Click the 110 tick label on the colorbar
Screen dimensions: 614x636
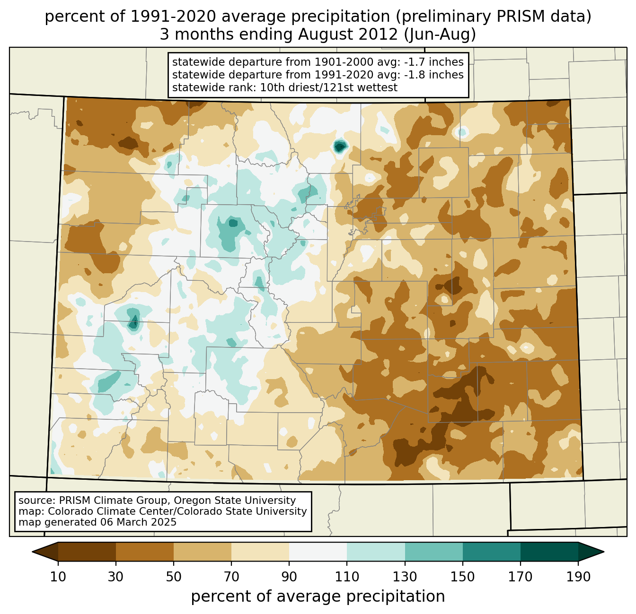(347, 577)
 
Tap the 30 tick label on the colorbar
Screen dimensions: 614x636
(116, 577)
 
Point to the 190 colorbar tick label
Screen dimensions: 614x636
(578, 577)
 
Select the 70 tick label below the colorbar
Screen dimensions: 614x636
(231, 577)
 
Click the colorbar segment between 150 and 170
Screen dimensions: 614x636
(491, 552)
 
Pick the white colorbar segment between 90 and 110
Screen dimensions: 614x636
(318, 552)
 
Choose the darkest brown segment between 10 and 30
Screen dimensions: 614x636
(87, 552)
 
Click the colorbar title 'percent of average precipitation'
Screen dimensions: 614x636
(318, 597)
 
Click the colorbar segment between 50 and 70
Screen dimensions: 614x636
(203, 552)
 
